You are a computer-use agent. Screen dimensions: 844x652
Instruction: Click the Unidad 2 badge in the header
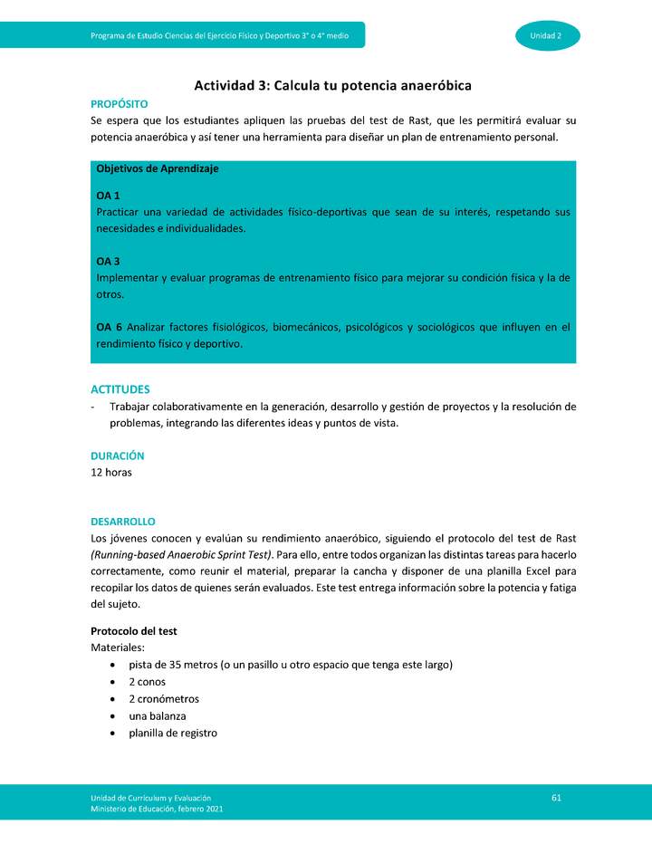click(547, 35)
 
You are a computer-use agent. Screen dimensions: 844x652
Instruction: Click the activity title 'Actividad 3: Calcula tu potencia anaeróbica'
click(332, 85)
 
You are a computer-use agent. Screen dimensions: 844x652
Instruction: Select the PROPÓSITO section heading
click(119, 104)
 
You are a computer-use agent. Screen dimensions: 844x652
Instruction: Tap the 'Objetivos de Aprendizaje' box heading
click(158, 168)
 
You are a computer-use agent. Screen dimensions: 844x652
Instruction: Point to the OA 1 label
click(108, 196)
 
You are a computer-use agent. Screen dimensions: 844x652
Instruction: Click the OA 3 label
click(108, 262)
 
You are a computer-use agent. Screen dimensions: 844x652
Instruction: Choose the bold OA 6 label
click(109, 327)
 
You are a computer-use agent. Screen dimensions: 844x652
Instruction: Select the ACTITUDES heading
click(120, 389)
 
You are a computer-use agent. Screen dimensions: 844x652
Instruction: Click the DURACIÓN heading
click(117, 456)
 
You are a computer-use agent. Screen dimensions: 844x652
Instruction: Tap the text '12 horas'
click(111, 473)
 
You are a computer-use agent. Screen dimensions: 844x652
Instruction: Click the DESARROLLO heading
click(122, 522)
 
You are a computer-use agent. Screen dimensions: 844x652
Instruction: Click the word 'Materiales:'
click(118, 647)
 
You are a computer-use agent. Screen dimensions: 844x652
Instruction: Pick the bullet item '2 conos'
click(147, 682)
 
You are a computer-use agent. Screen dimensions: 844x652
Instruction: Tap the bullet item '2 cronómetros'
click(163, 699)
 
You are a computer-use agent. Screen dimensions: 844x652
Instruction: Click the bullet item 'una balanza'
click(157, 716)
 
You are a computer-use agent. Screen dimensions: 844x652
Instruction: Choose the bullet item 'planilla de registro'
click(172, 734)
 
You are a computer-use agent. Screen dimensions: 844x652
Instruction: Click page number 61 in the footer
click(556, 797)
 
